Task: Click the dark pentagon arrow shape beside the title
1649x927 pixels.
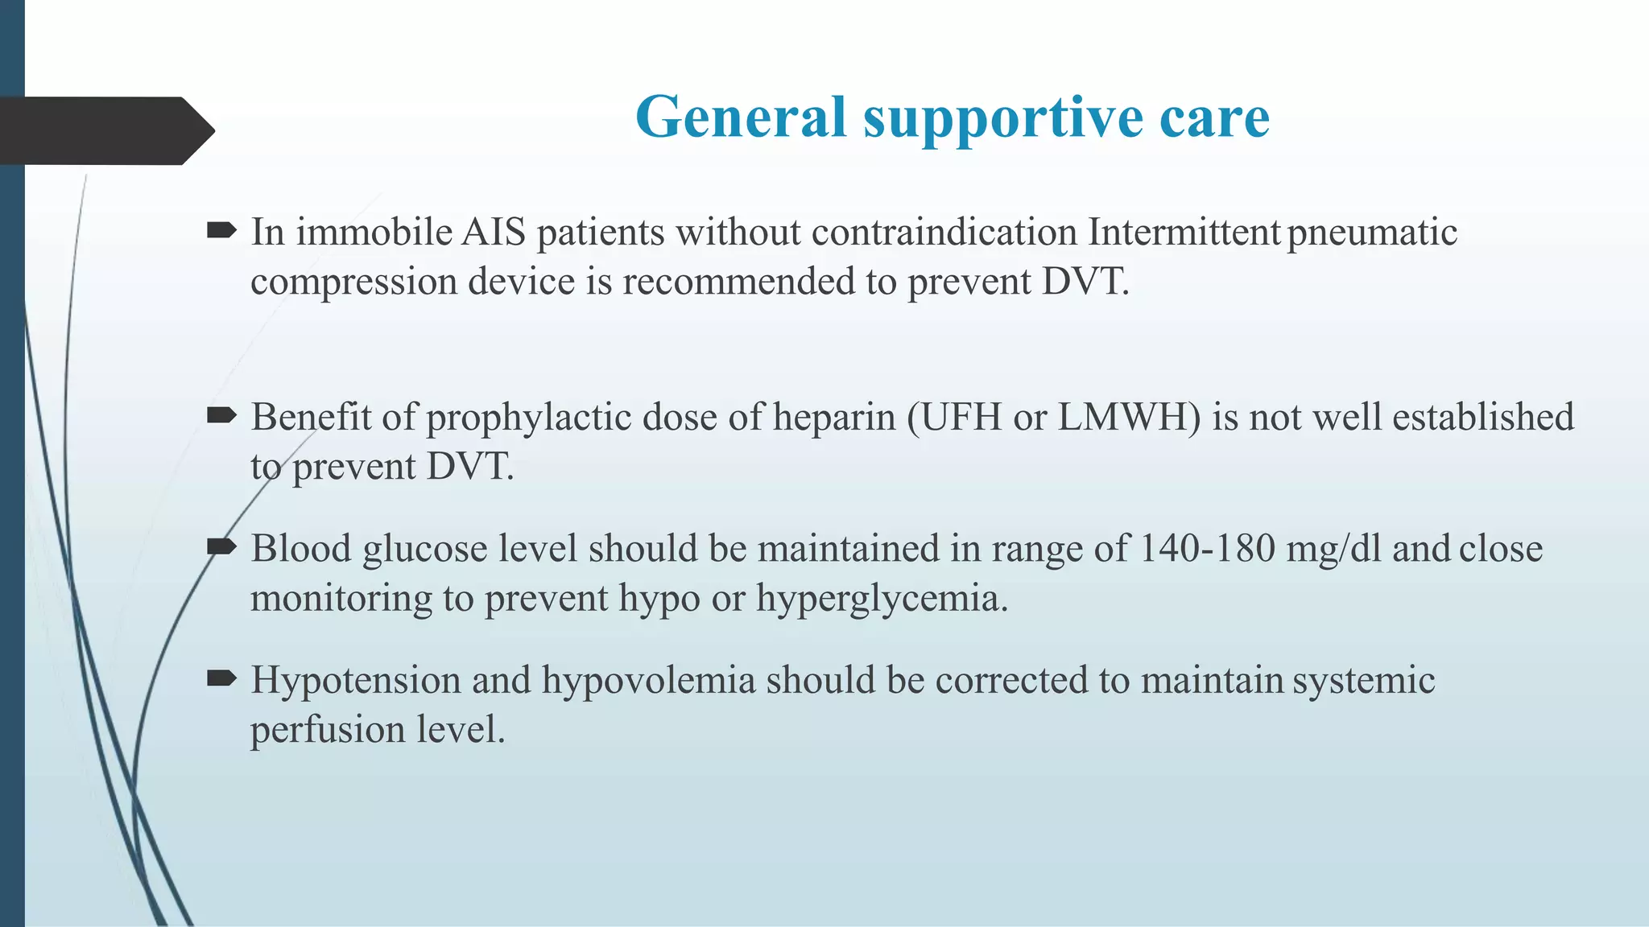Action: tap(105, 130)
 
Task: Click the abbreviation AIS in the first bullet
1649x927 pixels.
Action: tap(494, 233)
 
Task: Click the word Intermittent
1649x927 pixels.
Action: tap(1184, 233)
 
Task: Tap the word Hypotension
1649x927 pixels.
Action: tap(355, 682)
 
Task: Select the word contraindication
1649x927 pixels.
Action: tap(944, 233)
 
